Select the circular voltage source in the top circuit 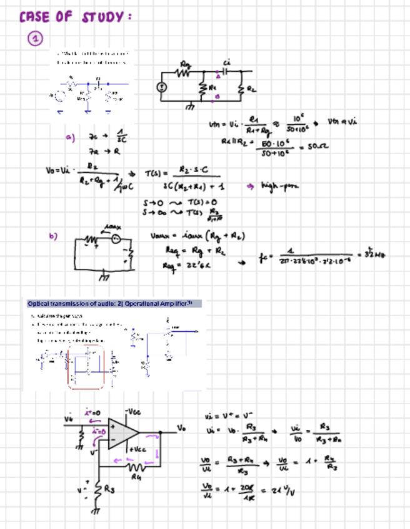161,87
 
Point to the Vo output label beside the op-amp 181,429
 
